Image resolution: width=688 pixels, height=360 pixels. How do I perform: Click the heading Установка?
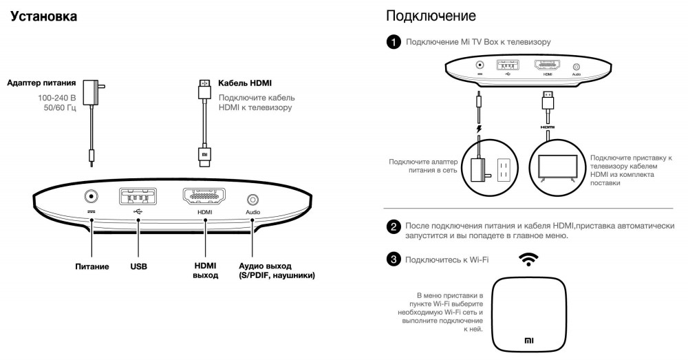point(43,16)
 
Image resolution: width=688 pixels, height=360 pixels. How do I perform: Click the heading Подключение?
point(431,15)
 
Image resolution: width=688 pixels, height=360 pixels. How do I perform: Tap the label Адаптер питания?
point(41,84)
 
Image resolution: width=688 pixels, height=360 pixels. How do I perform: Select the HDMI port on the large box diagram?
point(204,197)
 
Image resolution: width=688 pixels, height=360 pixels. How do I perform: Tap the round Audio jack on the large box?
point(252,200)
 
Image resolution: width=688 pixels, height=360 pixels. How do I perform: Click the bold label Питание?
point(92,266)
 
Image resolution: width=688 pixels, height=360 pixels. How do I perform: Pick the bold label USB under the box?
point(138,266)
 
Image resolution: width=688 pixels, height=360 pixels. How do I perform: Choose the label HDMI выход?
point(205,270)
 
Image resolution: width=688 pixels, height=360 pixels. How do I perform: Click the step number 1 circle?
point(394,43)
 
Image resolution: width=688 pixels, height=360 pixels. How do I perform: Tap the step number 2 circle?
point(394,226)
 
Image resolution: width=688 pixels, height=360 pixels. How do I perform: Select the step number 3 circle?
point(394,260)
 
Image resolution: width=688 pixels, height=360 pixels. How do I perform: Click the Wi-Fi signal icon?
point(528,259)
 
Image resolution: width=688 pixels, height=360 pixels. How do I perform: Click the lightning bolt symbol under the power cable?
point(479,128)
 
